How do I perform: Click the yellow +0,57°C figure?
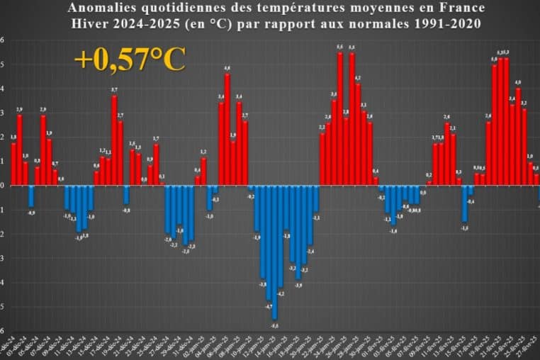coord(130,60)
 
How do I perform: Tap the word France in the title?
coord(462,9)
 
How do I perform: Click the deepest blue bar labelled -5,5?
coord(274,252)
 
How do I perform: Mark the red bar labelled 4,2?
coord(358,135)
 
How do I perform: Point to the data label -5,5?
coord(274,325)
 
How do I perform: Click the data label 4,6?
coord(227,69)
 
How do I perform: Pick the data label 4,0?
coord(518,83)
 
